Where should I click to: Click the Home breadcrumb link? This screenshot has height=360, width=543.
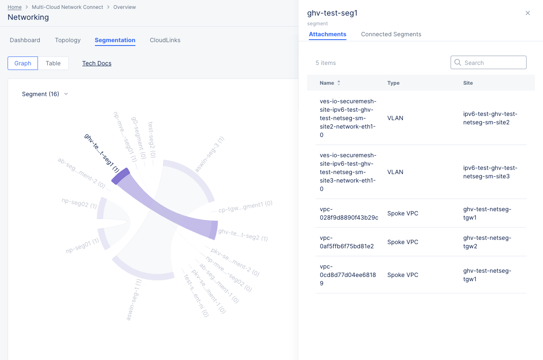pyautogui.click(x=14, y=7)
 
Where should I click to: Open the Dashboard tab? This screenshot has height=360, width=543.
pyautogui.click(x=25, y=40)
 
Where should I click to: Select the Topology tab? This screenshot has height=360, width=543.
pyautogui.click(x=68, y=40)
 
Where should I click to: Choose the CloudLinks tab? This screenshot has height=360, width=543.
pyautogui.click(x=165, y=40)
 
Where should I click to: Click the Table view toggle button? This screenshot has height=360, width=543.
pyautogui.click(x=53, y=63)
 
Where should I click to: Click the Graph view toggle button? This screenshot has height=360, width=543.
pyautogui.click(x=23, y=63)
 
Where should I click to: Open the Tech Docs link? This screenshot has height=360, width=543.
pyautogui.click(x=97, y=63)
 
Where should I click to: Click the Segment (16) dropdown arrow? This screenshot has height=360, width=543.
pyautogui.click(x=66, y=94)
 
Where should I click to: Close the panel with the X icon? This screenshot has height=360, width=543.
pyautogui.click(x=527, y=13)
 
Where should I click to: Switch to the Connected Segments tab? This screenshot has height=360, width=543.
pyautogui.click(x=391, y=34)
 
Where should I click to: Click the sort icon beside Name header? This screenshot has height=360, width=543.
pyautogui.click(x=338, y=83)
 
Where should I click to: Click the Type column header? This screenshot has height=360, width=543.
pyautogui.click(x=393, y=83)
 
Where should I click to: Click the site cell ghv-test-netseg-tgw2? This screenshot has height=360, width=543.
pyautogui.click(x=487, y=242)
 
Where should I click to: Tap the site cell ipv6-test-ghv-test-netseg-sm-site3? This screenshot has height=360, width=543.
pyautogui.click(x=490, y=172)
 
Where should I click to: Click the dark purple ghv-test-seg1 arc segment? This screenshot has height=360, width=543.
pyautogui.click(x=121, y=176)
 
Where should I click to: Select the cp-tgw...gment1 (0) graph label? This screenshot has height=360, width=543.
pyautogui.click(x=245, y=207)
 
